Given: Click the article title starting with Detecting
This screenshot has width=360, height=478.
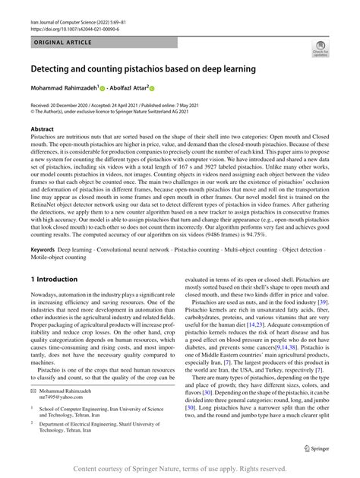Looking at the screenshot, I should (143, 69).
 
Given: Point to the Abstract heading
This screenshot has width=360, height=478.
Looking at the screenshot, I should (42, 129).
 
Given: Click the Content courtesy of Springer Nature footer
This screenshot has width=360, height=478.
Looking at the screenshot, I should (180, 470).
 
